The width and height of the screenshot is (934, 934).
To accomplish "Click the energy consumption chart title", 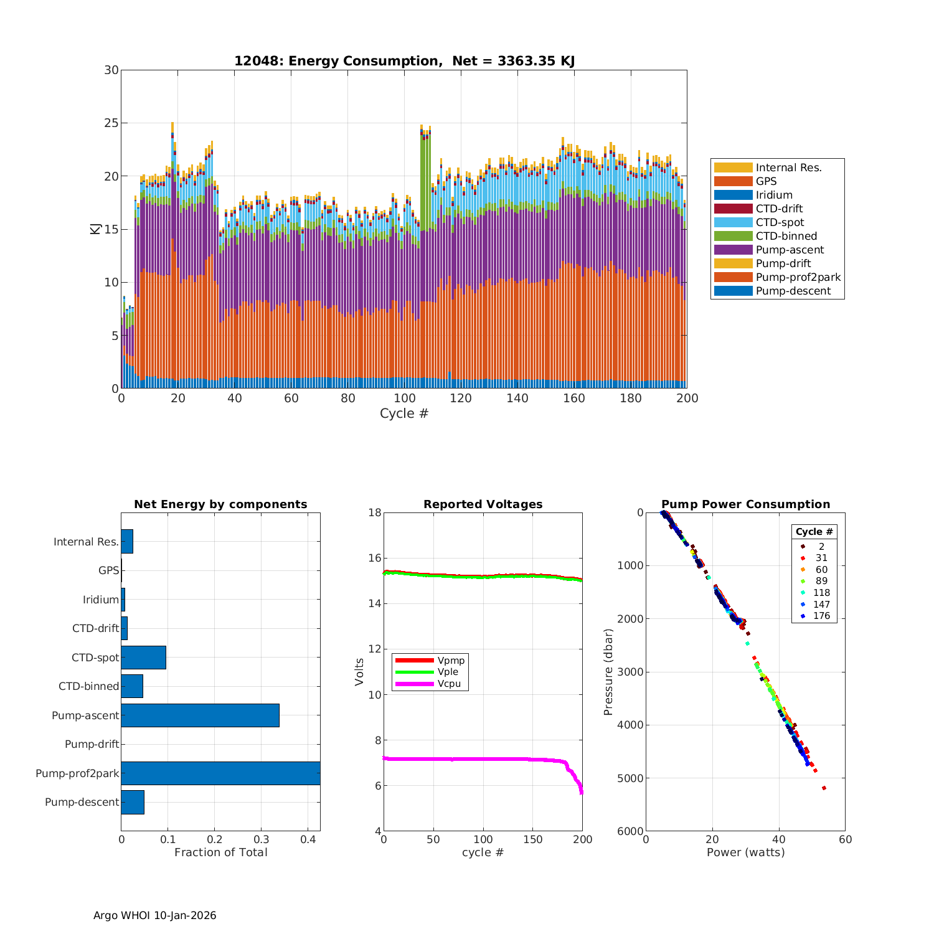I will tap(404, 61).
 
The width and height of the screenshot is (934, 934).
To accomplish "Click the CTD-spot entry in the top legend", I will tap(780, 223).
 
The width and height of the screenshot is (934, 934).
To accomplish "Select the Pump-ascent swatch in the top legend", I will tap(733, 250).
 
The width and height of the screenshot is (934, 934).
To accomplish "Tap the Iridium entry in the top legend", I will tap(774, 196).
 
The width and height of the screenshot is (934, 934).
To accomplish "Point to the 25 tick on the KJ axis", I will tap(111, 123).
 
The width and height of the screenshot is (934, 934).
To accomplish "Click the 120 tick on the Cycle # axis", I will tap(461, 399).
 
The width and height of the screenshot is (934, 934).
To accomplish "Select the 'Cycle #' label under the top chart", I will tap(404, 413).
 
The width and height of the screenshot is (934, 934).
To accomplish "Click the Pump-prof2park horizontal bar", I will tap(220, 773).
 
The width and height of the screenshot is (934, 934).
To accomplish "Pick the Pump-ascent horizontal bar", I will tap(200, 715).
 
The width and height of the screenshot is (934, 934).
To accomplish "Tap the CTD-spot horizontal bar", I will tap(143, 658).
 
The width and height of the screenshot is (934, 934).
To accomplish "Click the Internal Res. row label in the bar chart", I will tap(86, 542).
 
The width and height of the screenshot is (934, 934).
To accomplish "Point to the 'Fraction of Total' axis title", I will tap(220, 852).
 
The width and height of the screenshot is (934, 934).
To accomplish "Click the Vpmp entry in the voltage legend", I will tap(451, 660).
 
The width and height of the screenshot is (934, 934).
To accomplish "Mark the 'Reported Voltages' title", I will tap(483, 504).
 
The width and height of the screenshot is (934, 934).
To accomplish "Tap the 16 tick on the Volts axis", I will tap(375, 558).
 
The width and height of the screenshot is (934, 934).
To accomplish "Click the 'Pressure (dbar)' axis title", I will tap(608, 672).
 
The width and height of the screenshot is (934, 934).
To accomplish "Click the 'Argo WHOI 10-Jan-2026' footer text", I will tap(154, 915).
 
